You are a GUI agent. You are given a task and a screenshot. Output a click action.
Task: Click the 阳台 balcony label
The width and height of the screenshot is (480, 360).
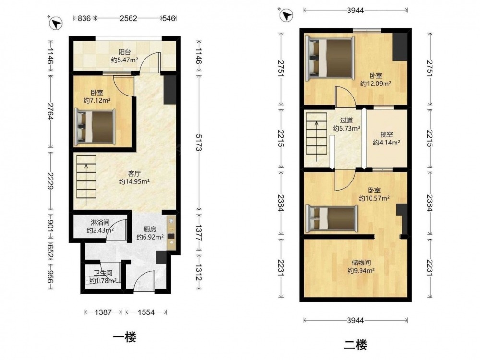[125, 52]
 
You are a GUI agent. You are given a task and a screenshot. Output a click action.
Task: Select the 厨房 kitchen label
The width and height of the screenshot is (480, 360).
[150, 228]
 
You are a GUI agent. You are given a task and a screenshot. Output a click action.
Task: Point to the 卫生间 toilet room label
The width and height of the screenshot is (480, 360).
[103, 273]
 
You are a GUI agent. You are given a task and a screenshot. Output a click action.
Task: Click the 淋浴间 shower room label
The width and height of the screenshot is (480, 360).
[100, 222]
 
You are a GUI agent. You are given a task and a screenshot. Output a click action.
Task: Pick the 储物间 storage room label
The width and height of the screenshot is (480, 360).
[361, 263]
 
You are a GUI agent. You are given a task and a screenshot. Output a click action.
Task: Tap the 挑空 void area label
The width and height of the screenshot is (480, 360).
[386, 134]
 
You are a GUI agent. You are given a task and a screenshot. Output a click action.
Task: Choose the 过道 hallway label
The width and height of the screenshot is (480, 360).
[346, 120]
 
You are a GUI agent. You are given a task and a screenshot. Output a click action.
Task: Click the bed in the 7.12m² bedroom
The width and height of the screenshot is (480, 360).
[95, 127]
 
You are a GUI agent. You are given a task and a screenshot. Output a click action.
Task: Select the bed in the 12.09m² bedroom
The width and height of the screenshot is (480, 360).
[330, 59]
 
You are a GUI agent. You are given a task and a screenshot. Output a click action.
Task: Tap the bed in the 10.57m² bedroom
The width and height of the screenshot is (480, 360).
[332, 218]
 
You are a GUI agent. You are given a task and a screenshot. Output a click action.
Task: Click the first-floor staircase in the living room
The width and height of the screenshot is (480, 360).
[86, 180]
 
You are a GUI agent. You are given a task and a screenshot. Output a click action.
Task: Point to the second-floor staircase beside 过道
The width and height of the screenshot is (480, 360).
[317, 137]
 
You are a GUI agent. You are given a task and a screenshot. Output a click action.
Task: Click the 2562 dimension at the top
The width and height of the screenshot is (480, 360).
[128, 18]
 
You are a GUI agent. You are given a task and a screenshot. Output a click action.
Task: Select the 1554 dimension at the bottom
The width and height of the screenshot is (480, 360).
[146, 312]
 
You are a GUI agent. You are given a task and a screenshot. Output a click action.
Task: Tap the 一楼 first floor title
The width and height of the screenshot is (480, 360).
[125, 337]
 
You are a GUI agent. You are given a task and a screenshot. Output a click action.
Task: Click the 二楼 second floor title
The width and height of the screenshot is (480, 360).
[355, 345]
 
